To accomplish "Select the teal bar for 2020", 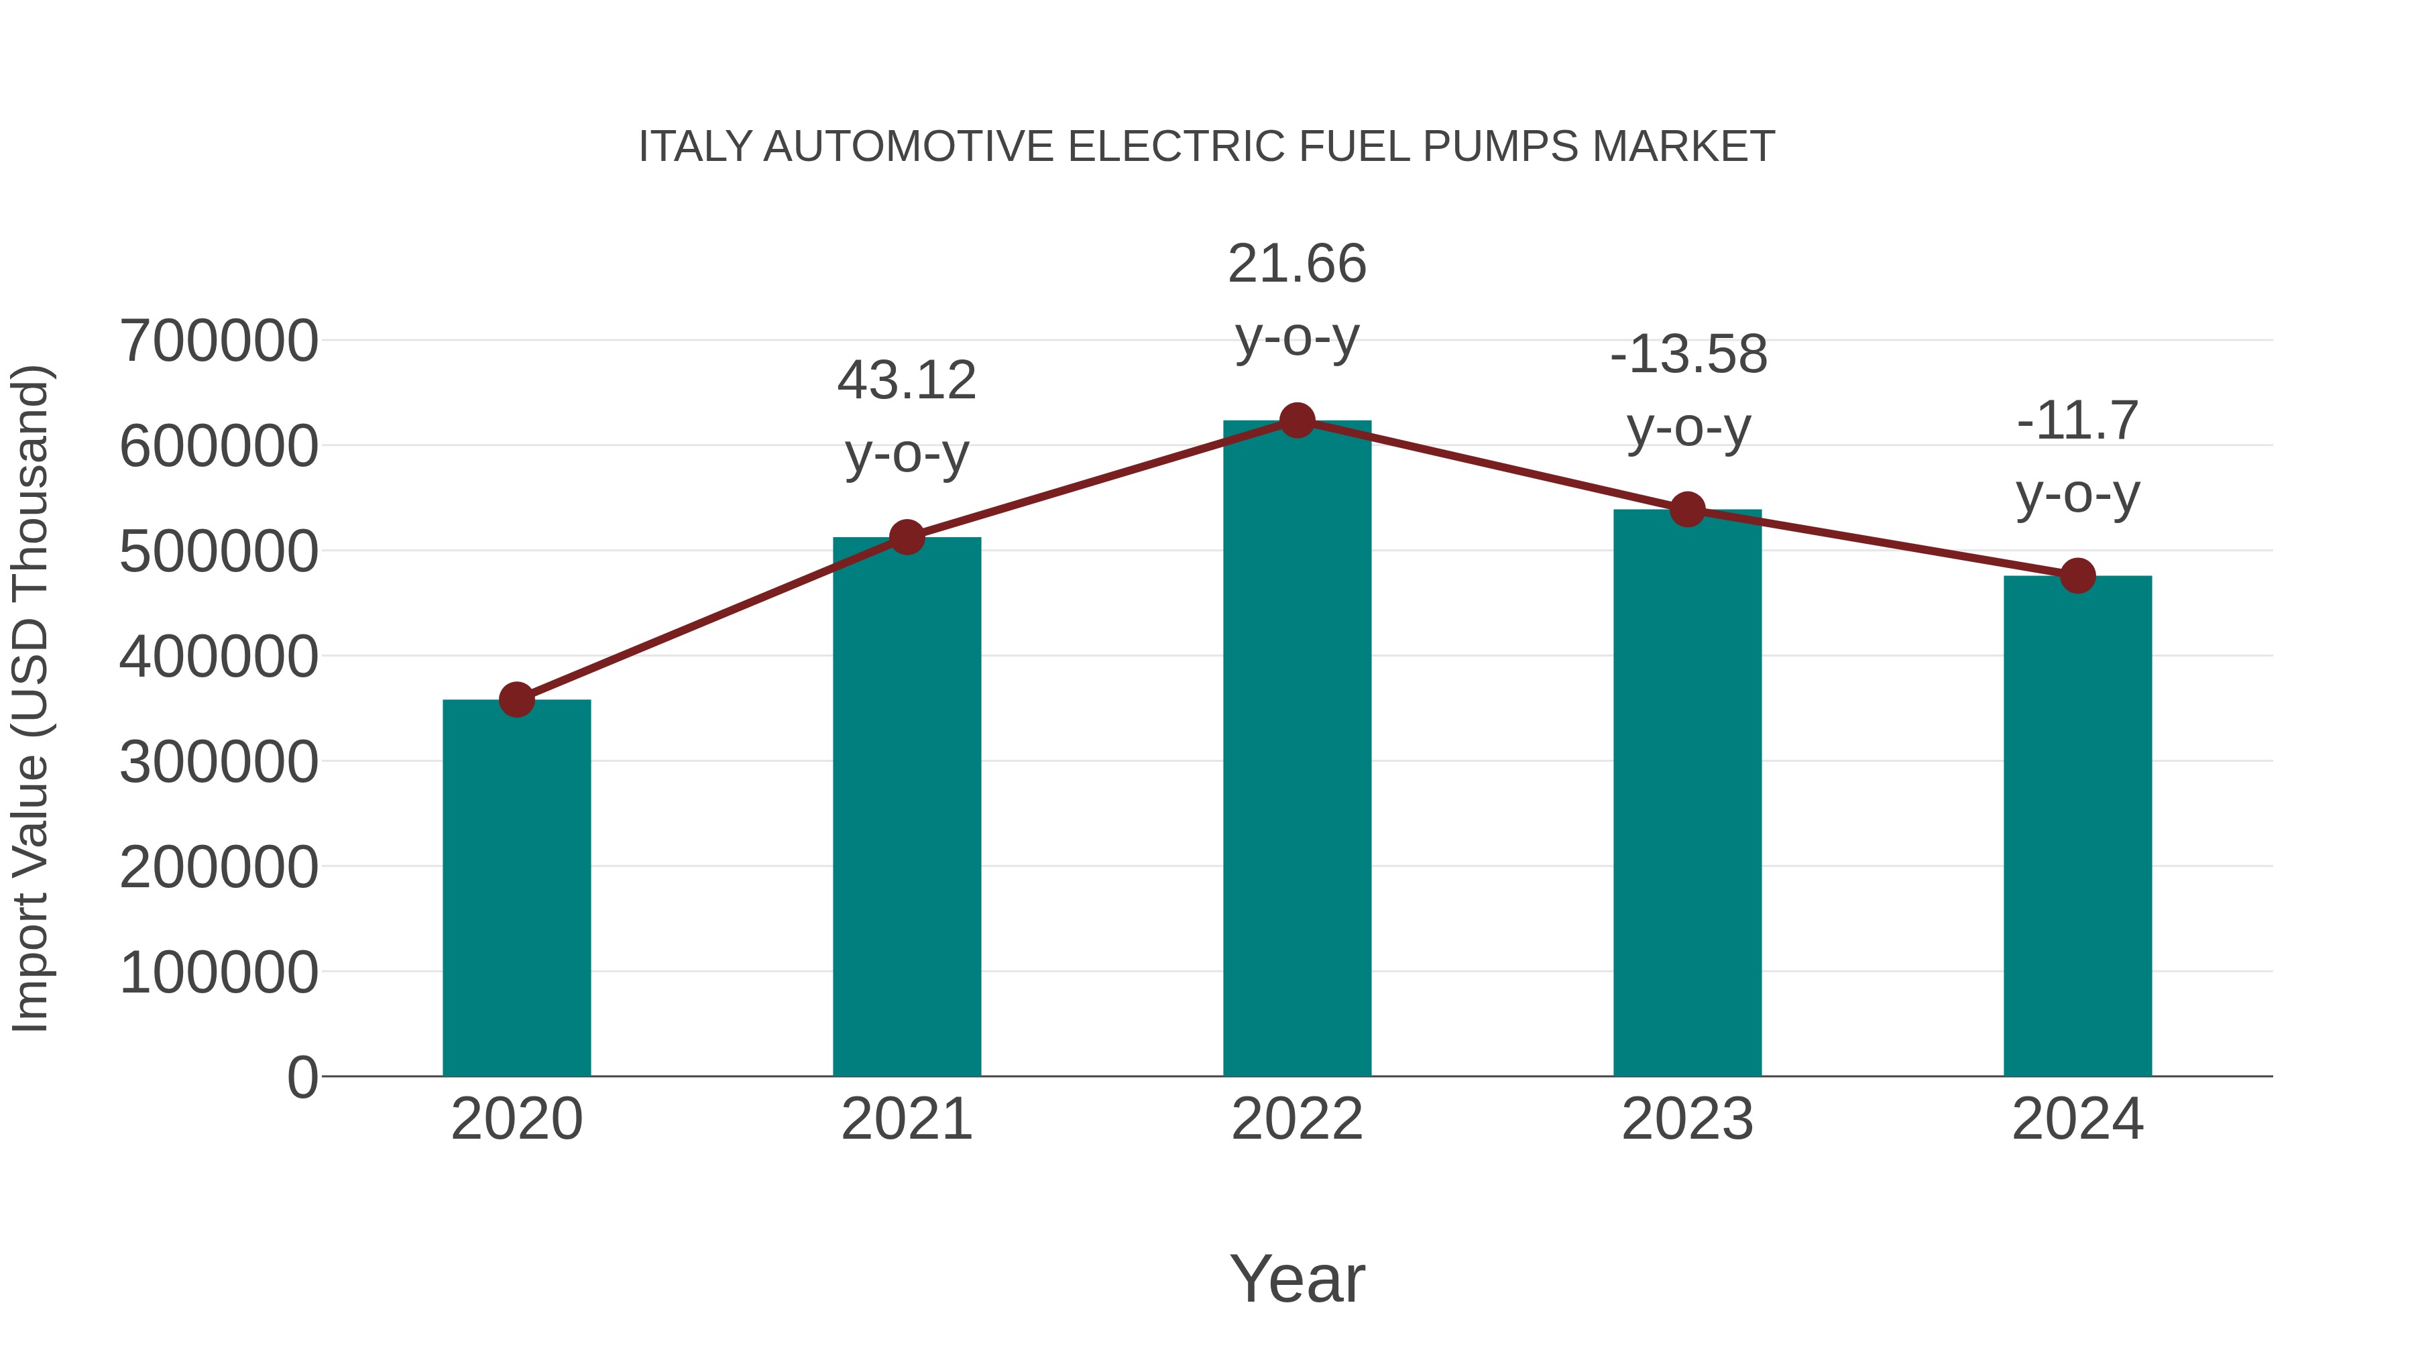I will [516, 891].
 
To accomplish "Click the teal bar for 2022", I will [1297, 750].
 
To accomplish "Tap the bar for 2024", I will [2077, 825].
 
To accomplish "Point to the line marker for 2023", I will [1688, 510].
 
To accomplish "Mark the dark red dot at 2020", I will [516, 699].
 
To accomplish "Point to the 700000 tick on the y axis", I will [219, 341].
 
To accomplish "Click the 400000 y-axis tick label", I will [219, 657].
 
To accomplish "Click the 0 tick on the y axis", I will [302, 1078].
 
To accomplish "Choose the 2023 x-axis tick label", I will [1688, 1120].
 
